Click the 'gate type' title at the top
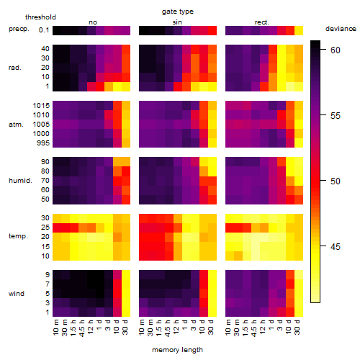(x=178, y=12)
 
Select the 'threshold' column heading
(x=40, y=17)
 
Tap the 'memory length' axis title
(x=177, y=350)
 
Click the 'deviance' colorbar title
(x=341, y=29)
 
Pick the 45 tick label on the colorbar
(x=335, y=246)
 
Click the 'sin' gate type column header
(x=177, y=22)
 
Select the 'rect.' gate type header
(x=262, y=22)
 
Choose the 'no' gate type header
(x=93, y=22)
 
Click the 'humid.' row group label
(x=20, y=181)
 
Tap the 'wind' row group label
(x=17, y=294)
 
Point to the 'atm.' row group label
(x=16, y=125)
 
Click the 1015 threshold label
(x=41, y=106)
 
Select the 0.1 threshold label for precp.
(x=44, y=30)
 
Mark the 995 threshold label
(x=43, y=143)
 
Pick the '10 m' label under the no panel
(x=57, y=328)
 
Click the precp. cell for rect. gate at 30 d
(x=299, y=31)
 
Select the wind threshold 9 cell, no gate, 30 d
(x=126, y=275)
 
